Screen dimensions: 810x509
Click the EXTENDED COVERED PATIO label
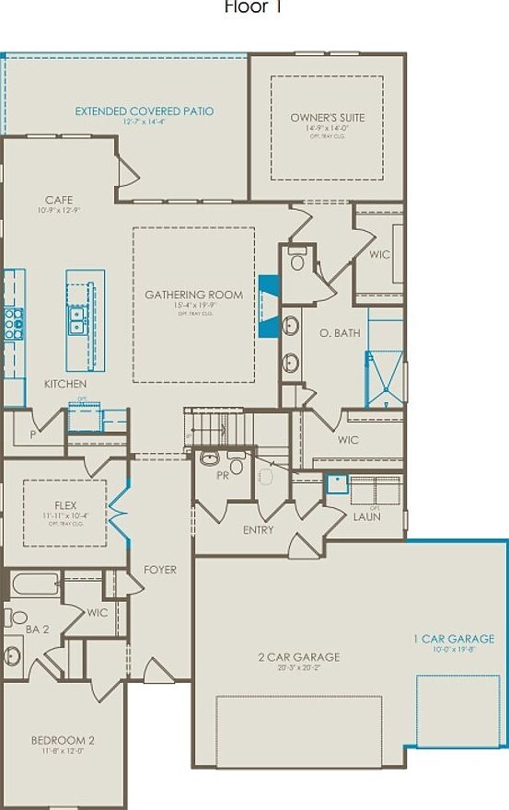coord(144,111)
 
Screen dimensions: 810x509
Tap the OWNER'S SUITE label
coord(328,118)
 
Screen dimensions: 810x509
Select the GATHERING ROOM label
coord(193,295)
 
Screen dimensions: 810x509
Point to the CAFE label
coord(59,200)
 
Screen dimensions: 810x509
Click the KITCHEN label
coord(66,383)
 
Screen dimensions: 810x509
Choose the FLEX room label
coord(64,505)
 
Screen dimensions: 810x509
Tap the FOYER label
coord(160,570)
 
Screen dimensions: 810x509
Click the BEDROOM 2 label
coord(63,740)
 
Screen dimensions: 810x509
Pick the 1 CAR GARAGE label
coord(453,638)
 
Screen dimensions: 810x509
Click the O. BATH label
coord(340,332)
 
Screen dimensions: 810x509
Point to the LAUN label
coord(367,516)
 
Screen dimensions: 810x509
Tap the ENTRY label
coord(258,530)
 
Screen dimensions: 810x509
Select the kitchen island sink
coord(77,319)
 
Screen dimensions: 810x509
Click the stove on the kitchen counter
coord(14,324)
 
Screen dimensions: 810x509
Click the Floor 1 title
coord(253,7)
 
